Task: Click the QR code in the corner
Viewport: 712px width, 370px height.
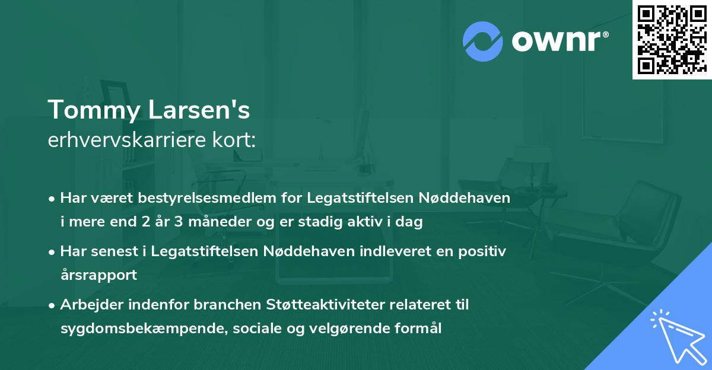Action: point(672,39)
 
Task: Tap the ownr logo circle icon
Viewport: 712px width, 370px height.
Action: point(483,42)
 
